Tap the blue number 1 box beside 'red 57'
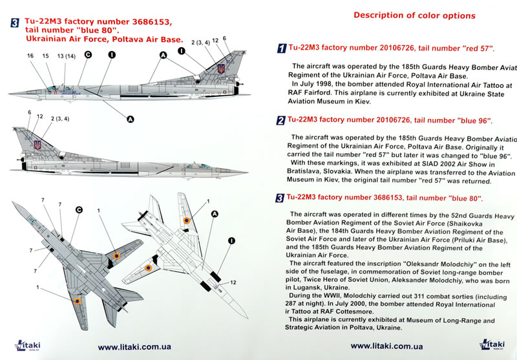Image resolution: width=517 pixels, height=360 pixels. (x=281, y=49)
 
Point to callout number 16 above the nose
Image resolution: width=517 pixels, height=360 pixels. (x=30, y=56)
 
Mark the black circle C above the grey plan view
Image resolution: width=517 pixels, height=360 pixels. (x=79, y=209)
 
